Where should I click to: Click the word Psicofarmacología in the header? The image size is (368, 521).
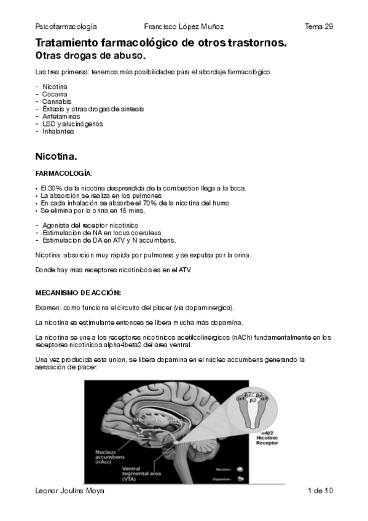pyautogui.click(x=66, y=27)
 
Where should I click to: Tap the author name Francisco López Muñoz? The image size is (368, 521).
pyautogui.click(x=184, y=27)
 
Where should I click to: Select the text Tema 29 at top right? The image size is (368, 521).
pyautogui.click(x=318, y=27)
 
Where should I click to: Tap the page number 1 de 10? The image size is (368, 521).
pyautogui.click(x=320, y=491)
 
